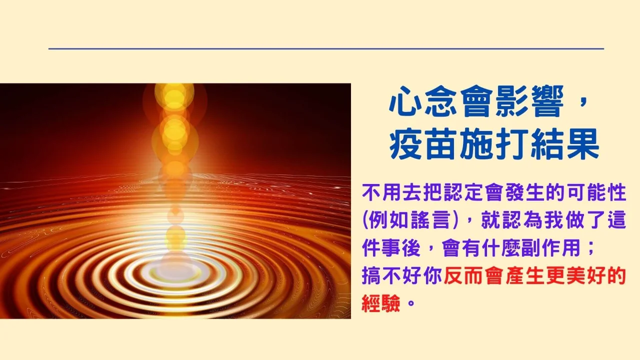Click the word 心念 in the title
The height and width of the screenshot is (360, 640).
pyautogui.click(x=422, y=101)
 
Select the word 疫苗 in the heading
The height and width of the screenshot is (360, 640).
pyautogui.click(x=422, y=143)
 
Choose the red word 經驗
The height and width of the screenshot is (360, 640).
pyautogui.click(x=381, y=303)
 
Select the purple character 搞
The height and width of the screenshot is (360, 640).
pyautogui.click(x=371, y=275)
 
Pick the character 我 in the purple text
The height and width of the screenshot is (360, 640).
pyautogui.click(x=554, y=220)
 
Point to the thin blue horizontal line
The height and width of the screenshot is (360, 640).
pyautogui.click(x=326, y=49)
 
